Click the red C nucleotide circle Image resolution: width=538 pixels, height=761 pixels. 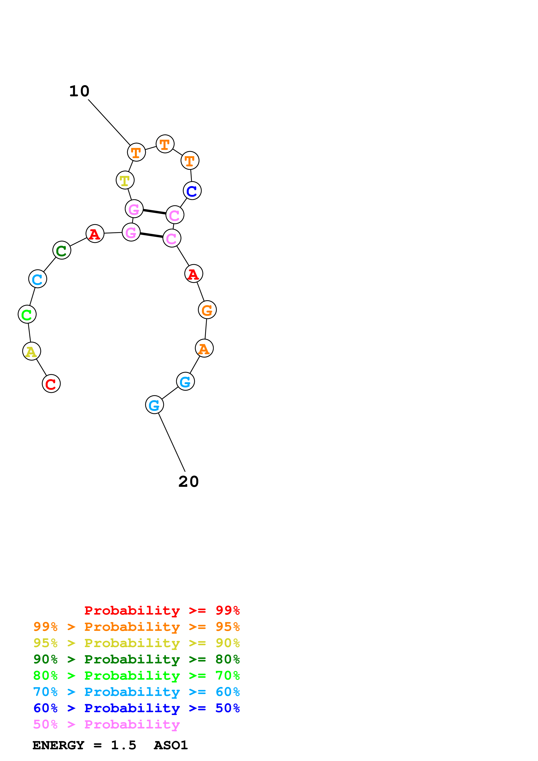51,384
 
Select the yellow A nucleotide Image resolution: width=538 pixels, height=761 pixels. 31,351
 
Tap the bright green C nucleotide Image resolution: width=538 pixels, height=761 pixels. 27,314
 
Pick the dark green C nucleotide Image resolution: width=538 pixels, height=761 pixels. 62,250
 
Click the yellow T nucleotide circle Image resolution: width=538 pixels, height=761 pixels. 125,180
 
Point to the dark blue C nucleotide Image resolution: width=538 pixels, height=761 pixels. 192,191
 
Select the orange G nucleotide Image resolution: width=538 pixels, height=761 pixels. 207,310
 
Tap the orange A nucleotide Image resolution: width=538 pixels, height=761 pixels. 204,348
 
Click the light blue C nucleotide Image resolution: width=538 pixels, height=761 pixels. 38,279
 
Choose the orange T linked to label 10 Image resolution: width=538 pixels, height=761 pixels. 136,153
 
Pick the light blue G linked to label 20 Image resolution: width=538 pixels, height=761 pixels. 155,405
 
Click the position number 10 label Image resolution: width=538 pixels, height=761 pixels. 79,91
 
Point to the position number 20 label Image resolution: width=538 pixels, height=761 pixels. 188,482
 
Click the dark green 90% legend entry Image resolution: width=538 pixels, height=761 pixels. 136,659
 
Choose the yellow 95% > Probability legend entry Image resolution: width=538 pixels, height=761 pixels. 136,643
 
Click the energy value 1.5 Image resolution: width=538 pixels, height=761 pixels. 123,745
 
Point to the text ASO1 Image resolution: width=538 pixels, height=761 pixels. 171,745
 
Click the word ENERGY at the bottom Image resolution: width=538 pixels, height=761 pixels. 58,745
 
